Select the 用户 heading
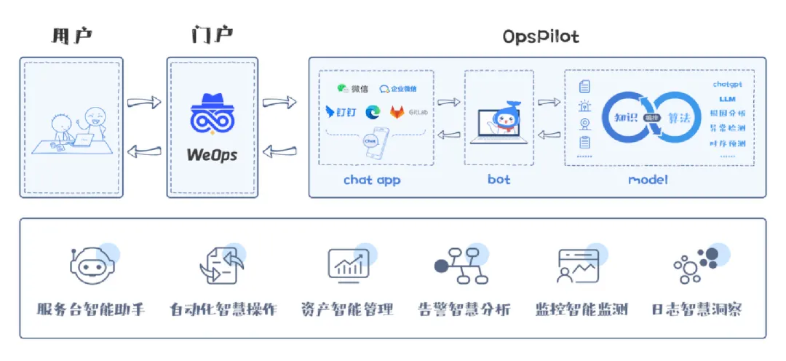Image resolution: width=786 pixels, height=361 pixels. click(72, 36)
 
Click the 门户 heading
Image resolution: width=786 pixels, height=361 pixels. click(212, 36)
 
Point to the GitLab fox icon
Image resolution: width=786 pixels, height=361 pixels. click(397, 112)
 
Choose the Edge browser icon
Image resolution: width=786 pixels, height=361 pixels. click(373, 112)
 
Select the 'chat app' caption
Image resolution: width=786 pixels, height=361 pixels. click(372, 179)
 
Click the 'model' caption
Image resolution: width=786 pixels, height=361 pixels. click(648, 179)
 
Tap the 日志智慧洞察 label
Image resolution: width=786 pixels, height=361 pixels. click(696, 309)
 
